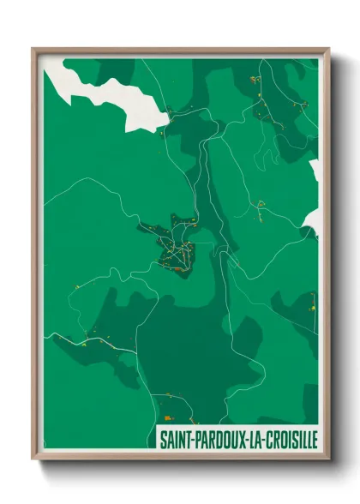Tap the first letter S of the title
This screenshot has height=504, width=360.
click(x=162, y=438)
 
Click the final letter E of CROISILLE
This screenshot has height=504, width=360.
click(x=315, y=438)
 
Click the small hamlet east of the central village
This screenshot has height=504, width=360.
click(x=260, y=203)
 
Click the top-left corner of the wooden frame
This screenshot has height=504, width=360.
click(x=33, y=49)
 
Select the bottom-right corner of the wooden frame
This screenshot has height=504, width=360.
click(x=328, y=459)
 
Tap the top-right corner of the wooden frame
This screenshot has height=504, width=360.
click(x=328, y=49)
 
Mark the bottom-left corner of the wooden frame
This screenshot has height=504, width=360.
click(x=33, y=459)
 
